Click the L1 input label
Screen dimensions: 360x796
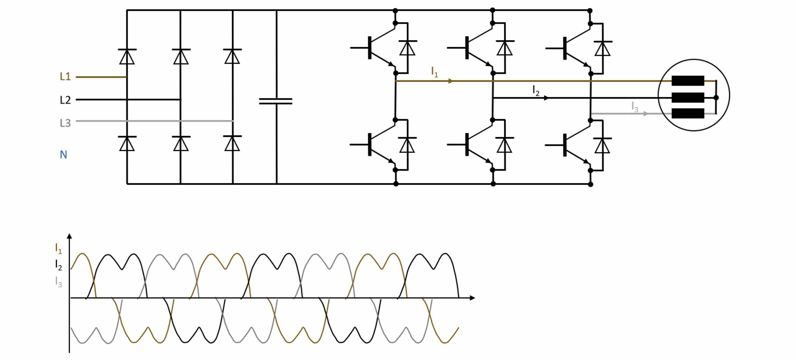[x=65, y=76]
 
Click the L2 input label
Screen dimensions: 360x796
[x=65, y=100]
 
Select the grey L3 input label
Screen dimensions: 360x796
[x=65, y=123]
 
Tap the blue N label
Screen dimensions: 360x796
[x=63, y=155]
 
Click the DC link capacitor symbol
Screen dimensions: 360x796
[x=276, y=101]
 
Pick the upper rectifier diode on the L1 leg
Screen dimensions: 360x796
[x=127, y=56]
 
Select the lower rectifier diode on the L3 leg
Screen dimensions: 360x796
[x=232, y=143]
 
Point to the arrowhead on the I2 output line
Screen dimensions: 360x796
[x=546, y=98]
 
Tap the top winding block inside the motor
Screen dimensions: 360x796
[x=688, y=81]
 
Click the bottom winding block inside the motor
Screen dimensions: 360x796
[x=688, y=113]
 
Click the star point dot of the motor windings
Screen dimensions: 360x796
[x=716, y=98]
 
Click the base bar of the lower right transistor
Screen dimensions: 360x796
[x=565, y=145]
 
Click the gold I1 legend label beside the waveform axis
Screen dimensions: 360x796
[x=58, y=248]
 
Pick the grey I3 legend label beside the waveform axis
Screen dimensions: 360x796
[x=58, y=281]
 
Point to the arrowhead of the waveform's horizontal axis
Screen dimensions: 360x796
[x=472, y=298]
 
